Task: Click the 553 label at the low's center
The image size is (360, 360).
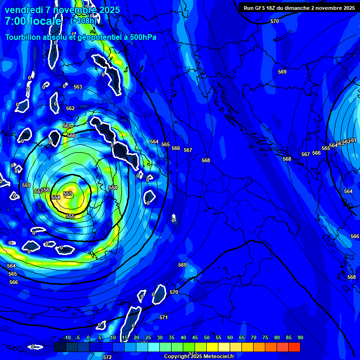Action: pyautogui.click(x=68, y=194)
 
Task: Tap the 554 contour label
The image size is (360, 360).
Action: pyautogui.click(x=56, y=197)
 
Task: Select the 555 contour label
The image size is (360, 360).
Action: pyautogui.click(x=70, y=216)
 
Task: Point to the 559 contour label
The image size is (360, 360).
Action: pyautogui.click(x=26, y=185)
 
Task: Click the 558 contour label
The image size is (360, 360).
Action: pyautogui.click(x=113, y=187)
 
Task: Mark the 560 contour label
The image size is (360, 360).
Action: pyautogui.click(x=71, y=135)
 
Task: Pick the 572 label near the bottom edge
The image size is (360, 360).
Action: pyautogui.click(x=107, y=357)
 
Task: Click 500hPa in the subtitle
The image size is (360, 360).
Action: pyautogui.click(x=140, y=37)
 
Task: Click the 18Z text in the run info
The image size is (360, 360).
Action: pyautogui.click(x=269, y=8)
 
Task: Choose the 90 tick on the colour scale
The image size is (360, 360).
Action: pyautogui.click(x=300, y=337)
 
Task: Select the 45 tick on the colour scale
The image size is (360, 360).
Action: pyautogui.click(x=195, y=337)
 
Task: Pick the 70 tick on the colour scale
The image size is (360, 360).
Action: pyautogui.click(x=254, y=337)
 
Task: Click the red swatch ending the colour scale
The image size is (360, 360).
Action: pyautogui.click(x=294, y=347)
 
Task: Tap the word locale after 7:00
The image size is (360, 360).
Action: pyautogui.click(x=45, y=21)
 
